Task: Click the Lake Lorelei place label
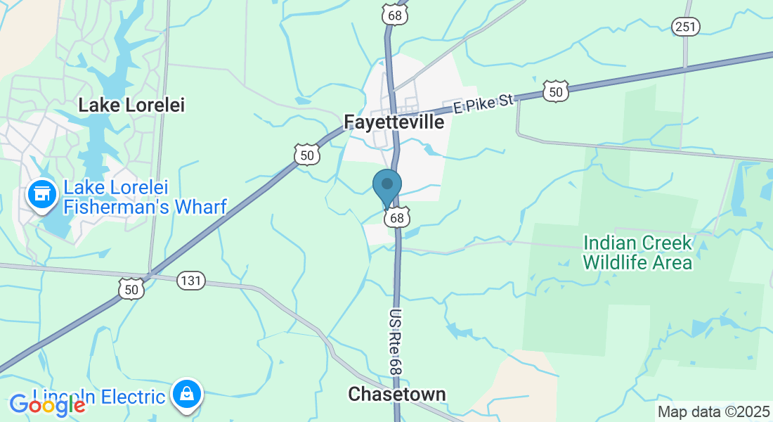click(x=131, y=105)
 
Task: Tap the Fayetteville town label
click(x=394, y=122)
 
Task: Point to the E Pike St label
click(x=484, y=104)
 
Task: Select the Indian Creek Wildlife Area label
click(x=638, y=253)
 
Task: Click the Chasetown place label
click(x=397, y=394)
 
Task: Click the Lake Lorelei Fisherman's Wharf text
click(x=145, y=197)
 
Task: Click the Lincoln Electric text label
click(x=98, y=397)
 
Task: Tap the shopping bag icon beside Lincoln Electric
click(x=186, y=394)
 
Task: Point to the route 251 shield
click(x=685, y=27)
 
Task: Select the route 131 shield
click(x=190, y=281)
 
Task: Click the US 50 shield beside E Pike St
click(x=555, y=91)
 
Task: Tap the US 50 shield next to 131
click(x=131, y=288)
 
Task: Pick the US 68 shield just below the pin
click(x=397, y=218)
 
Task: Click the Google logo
click(x=48, y=404)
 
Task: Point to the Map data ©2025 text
click(x=713, y=411)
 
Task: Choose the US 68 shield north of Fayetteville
click(x=395, y=14)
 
